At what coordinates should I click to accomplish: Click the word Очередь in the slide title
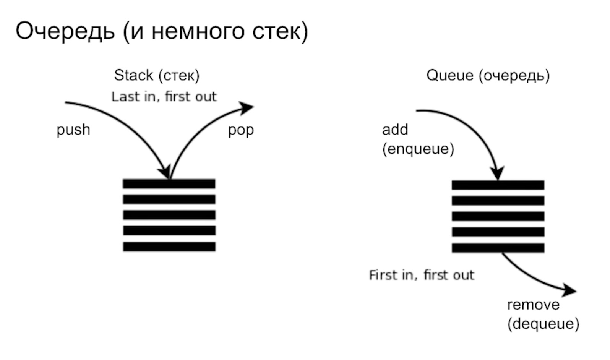(x=65, y=31)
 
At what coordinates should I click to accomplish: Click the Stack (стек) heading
(x=157, y=75)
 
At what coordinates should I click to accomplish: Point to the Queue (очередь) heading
(x=488, y=75)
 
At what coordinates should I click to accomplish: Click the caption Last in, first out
(x=164, y=97)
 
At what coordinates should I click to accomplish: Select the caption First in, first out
(x=422, y=275)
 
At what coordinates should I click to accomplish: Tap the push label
(x=73, y=130)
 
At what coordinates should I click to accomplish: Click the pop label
(x=241, y=130)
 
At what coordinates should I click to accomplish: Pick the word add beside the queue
(x=395, y=130)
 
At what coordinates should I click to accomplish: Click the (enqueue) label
(x=418, y=149)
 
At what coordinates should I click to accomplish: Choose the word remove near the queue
(x=533, y=305)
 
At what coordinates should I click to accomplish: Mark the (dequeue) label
(x=543, y=324)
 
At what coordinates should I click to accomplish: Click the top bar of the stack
(x=169, y=184)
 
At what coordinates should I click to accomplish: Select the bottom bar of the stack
(x=169, y=246)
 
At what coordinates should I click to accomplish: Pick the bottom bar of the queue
(x=498, y=248)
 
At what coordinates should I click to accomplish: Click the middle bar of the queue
(x=498, y=216)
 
